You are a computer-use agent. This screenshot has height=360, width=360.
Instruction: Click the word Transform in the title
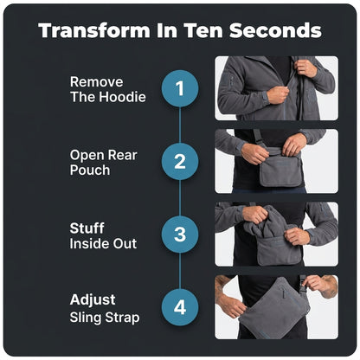click(94, 30)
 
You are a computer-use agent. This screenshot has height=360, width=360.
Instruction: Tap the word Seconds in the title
click(275, 30)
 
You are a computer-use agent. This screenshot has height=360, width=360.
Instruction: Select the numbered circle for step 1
click(180, 88)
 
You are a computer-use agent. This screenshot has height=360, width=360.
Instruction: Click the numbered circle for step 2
click(180, 162)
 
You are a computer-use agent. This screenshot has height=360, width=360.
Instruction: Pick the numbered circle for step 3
click(180, 235)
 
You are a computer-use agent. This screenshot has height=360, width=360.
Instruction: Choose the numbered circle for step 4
click(180, 307)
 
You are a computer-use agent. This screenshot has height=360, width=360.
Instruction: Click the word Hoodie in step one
click(121, 97)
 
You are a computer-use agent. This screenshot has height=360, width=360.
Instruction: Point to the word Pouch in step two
click(90, 170)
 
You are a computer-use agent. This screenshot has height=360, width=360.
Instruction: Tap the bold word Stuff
click(87, 228)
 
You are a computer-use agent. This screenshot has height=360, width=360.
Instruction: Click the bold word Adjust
click(93, 300)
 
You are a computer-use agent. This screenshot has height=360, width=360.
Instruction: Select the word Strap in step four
click(122, 318)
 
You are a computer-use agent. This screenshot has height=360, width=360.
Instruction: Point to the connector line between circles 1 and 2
click(180, 125)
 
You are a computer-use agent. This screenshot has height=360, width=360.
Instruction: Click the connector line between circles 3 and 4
click(180, 271)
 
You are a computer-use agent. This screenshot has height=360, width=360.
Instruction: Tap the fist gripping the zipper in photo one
click(278, 94)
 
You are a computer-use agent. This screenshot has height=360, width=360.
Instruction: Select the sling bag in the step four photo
click(274, 309)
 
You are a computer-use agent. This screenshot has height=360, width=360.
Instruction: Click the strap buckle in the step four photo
click(302, 284)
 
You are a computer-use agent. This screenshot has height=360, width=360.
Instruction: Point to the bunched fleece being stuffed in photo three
click(267, 222)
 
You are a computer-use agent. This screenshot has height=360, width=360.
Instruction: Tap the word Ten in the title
click(203, 30)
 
